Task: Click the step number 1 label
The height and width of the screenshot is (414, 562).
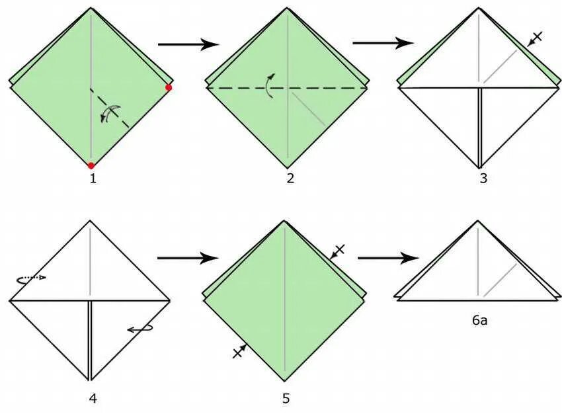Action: click(x=92, y=178)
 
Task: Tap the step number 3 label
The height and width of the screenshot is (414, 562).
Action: click(x=483, y=178)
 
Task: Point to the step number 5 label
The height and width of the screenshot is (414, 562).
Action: click(x=286, y=398)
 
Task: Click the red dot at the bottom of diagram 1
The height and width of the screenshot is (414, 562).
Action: click(x=91, y=165)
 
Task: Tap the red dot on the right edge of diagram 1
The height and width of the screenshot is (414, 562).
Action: click(x=169, y=87)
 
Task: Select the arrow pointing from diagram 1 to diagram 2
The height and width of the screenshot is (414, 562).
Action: click(x=188, y=44)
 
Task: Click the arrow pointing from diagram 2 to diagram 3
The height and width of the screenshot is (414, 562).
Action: click(x=383, y=44)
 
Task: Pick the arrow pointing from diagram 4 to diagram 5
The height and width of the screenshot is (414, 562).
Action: click(x=188, y=258)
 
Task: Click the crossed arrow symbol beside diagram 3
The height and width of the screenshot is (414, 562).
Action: click(x=535, y=38)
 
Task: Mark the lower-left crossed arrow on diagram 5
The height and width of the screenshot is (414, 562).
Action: click(x=240, y=351)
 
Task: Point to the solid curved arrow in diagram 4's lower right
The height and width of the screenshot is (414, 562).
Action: click(x=140, y=327)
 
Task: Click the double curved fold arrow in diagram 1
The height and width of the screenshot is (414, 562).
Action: click(x=110, y=114)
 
